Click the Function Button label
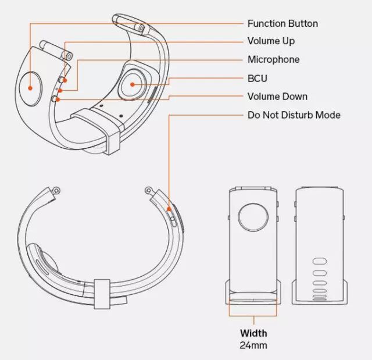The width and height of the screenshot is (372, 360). pyautogui.click(x=282, y=24)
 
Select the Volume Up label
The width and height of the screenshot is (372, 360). pyautogui.click(x=271, y=41)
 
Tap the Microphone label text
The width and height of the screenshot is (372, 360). pyautogui.click(x=273, y=59)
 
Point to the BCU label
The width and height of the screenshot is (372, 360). pyautogui.click(x=257, y=78)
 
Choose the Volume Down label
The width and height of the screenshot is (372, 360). pyautogui.click(x=277, y=97)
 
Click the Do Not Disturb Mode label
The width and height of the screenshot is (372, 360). pyautogui.click(x=294, y=115)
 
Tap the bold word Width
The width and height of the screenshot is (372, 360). pyautogui.click(x=254, y=333)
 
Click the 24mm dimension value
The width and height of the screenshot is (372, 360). pyautogui.click(x=254, y=345)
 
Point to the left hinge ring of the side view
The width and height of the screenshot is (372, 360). pyautogui.click(x=56, y=190)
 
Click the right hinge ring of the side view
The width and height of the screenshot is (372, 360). pyautogui.click(x=149, y=190)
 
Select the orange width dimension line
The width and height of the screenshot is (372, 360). pyautogui.click(x=254, y=315)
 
